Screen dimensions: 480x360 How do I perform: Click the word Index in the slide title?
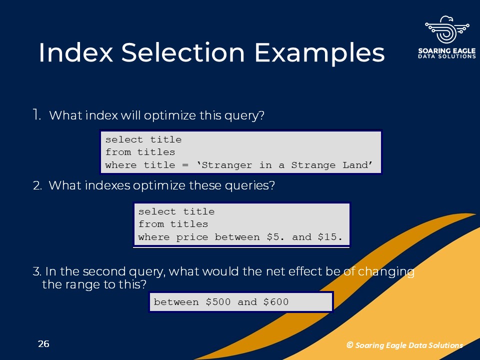pyautogui.click(x=76, y=52)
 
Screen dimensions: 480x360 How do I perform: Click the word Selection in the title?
pyautogui.click(x=183, y=52)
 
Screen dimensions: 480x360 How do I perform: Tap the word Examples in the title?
pyautogui.click(x=319, y=54)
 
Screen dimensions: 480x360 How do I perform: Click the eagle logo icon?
pyautogui.click(x=447, y=29)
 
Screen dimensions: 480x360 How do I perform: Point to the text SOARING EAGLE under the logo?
pyautogui.click(x=447, y=51)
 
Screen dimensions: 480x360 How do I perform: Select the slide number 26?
pyautogui.click(x=43, y=344)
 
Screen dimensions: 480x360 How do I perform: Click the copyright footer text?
pyautogui.click(x=404, y=345)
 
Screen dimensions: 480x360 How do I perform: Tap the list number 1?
pyautogui.click(x=36, y=115)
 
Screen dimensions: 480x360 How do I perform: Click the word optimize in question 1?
pyautogui.click(x=170, y=115)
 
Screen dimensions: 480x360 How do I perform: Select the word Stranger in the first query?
pyautogui.click(x=227, y=165)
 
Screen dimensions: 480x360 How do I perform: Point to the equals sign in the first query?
pyautogui.click(x=185, y=165)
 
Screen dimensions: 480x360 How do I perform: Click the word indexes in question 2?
pyautogui.click(x=107, y=185)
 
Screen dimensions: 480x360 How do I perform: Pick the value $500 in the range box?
pyautogui.click(x=218, y=302)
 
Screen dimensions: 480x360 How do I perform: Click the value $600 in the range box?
pyautogui.click(x=276, y=302)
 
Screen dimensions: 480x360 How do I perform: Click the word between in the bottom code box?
pyautogui.click(x=176, y=302)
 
